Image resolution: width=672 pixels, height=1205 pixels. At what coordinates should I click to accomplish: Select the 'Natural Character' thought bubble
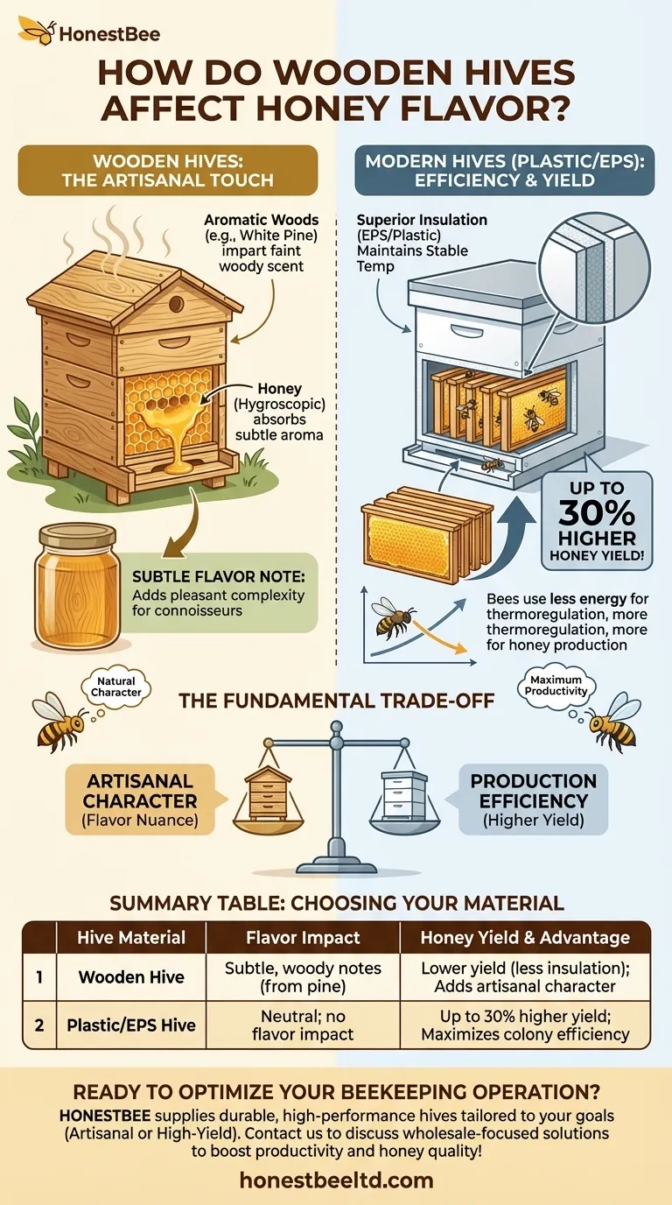click(116, 686)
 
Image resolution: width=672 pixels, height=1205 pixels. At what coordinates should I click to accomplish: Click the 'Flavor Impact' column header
click(303, 937)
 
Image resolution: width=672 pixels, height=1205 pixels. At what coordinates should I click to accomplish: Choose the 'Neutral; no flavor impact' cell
click(303, 1025)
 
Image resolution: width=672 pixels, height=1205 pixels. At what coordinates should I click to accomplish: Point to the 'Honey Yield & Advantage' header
click(525, 937)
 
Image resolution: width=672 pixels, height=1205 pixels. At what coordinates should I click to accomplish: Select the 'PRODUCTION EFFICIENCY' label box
click(533, 798)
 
